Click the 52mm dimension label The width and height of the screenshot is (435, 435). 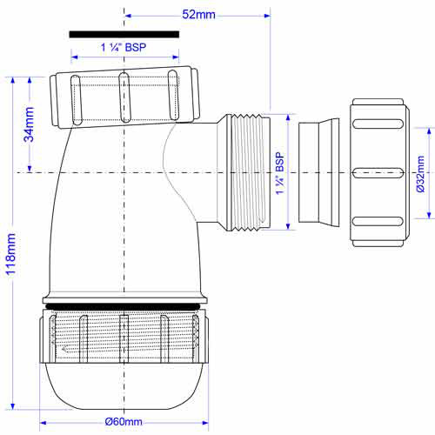pyautogui.click(x=198, y=15)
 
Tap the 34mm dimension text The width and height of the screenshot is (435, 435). pyautogui.click(x=29, y=124)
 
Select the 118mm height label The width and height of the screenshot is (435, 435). pyautogui.click(x=11, y=254)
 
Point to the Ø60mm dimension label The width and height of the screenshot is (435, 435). pyautogui.click(x=124, y=421)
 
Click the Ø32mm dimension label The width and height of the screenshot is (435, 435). pyautogui.click(x=420, y=174)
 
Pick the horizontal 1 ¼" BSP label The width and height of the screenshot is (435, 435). pyautogui.click(x=124, y=47)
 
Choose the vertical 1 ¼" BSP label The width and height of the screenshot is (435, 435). pyautogui.click(x=280, y=173)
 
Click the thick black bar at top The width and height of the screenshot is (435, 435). pyautogui.click(x=124, y=35)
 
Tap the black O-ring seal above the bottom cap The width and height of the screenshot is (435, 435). pyautogui.click(x=124, y=306)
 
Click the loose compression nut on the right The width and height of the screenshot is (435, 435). pyautogui.click(x=379, y=173)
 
